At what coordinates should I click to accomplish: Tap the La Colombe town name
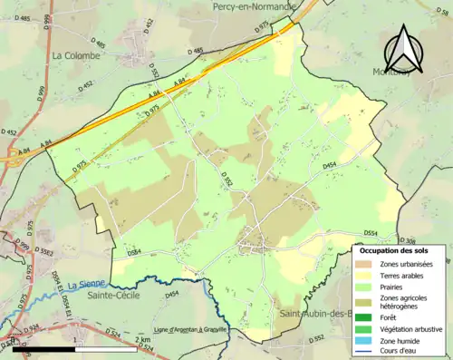pos(77,55)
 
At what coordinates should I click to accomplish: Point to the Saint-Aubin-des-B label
pos(316,315)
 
